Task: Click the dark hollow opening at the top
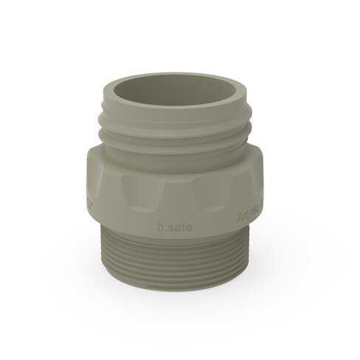[173, 87]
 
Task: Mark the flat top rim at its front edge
[173, 111]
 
